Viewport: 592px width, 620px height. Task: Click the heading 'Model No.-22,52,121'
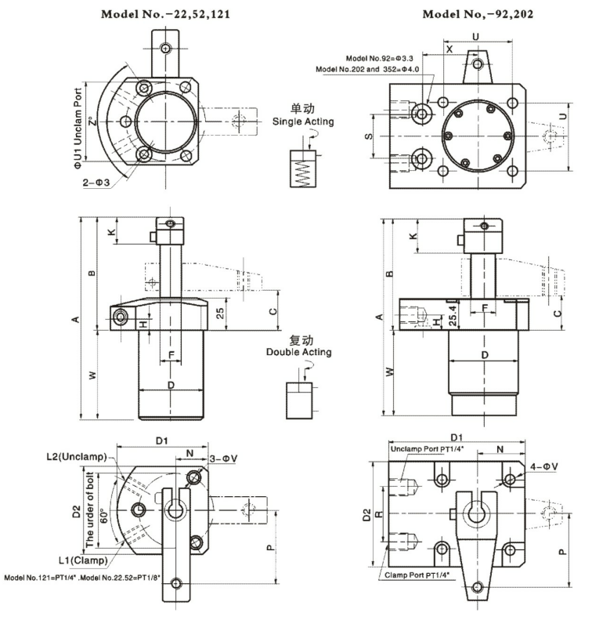coord(164,14)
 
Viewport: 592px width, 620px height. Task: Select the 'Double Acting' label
coord(298,352)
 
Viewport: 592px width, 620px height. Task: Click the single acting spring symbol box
coord(301,168)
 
